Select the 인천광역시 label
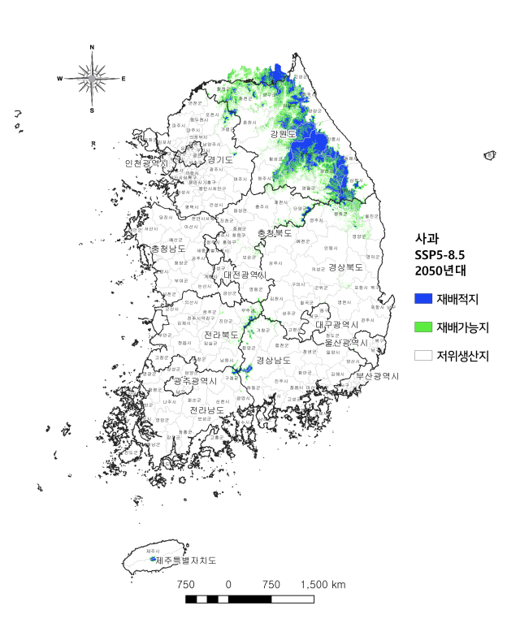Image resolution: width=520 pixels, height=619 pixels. [147, 163]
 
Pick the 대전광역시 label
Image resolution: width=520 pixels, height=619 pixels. [245, 275]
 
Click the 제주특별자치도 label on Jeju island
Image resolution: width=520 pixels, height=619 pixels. [180, 561]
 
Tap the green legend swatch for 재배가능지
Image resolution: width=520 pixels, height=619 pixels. [423, 327]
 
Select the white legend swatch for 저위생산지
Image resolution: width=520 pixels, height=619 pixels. [423, 355]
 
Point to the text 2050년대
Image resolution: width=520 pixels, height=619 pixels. [438, 271]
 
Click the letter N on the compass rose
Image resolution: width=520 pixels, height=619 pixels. [92, 47]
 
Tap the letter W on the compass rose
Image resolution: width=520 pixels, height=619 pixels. [59, 79]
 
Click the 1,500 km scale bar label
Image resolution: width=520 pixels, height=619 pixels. [323, 584]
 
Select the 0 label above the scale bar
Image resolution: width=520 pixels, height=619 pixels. [228, 584]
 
